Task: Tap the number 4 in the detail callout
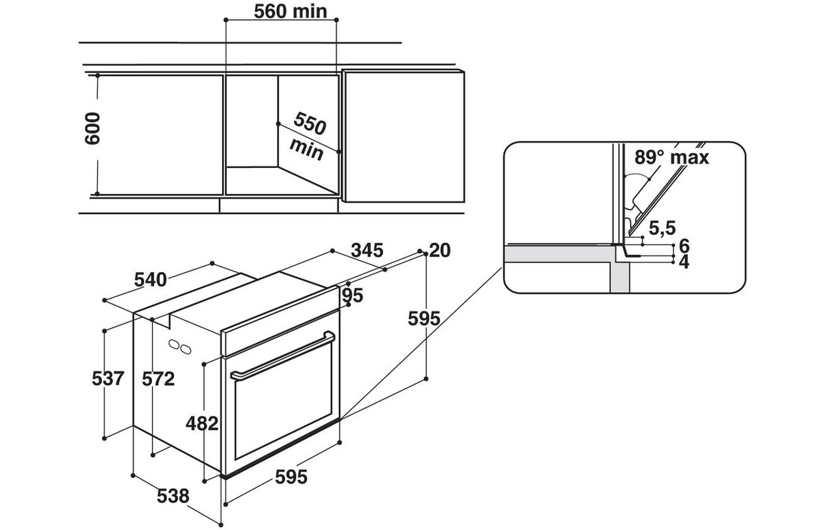coord(684,262)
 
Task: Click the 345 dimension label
coord(368,251)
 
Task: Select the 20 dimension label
coord(441,250)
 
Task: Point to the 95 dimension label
coord(353,295)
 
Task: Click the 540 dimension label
coord(151,279)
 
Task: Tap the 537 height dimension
coord(108,379)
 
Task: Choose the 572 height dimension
coord(158,379)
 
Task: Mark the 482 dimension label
coord(201,423)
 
